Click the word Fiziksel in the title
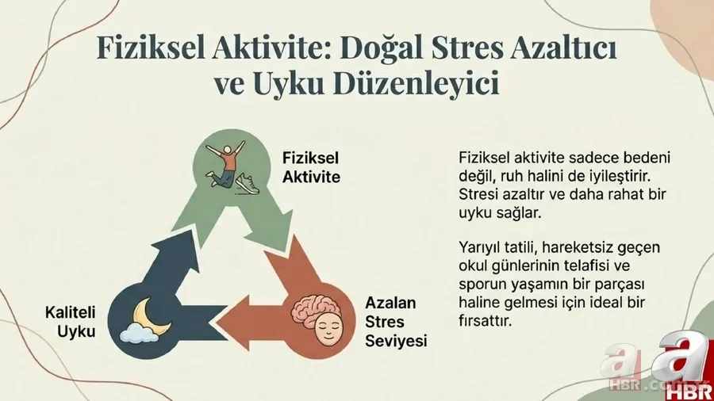pyautogui.click(x=146, y=51)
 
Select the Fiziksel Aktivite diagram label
pyautogui.click(x=311, y=167)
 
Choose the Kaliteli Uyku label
pyautogui.click(x=70, y=323)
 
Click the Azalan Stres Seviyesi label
pyautogui.click(x=396, y=322)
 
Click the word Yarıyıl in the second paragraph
pyautogui.click(x=480, y=247)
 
